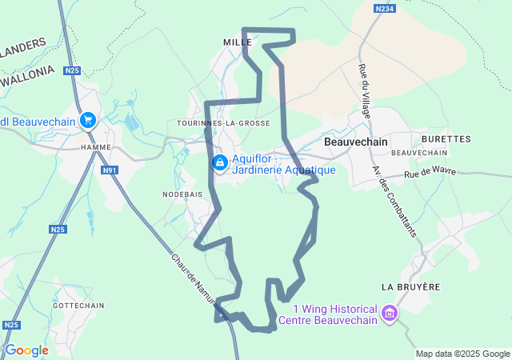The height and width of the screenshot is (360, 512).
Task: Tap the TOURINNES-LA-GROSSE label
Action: pyautogui.click(x=223, y=123)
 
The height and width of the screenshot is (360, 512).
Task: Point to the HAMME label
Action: pyautogui.click(x=95, y=147)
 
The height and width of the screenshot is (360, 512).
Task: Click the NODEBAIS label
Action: pyautogui.click(x=182, y=194)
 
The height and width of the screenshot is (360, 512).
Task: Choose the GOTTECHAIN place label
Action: pyautogui.click(x=78, y=306)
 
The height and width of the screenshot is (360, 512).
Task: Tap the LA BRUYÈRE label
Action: pyautogui.click(x=410, y=286)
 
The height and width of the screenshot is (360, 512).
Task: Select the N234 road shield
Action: pyautogui.click(x=384, y=8)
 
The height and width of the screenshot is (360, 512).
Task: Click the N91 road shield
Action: pyautogui.click(x=110, y=170)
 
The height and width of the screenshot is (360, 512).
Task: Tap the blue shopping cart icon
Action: pyautogui.click(x=88, y=121)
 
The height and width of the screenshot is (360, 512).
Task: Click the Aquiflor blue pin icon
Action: pyautogui.click(x=219, y=162)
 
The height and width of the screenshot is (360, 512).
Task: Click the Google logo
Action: pyautogui.click(x=26, y=350)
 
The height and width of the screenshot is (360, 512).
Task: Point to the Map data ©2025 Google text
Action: pyautogui.click(x=462, y=354)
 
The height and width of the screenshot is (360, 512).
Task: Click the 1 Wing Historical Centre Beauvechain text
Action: pyautogui.click(x=327, y=315)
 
